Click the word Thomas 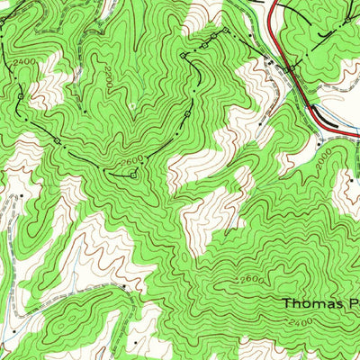pyautogui.click(x=312, y=303)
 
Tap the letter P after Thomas pyautogui.click(x=354, y=303)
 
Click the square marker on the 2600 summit pyautogui.click(x=134, y=175)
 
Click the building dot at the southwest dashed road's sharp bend pyautogui.click(x=123, y=291)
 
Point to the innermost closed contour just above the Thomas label pyautogui.click(x=297, y=270)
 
